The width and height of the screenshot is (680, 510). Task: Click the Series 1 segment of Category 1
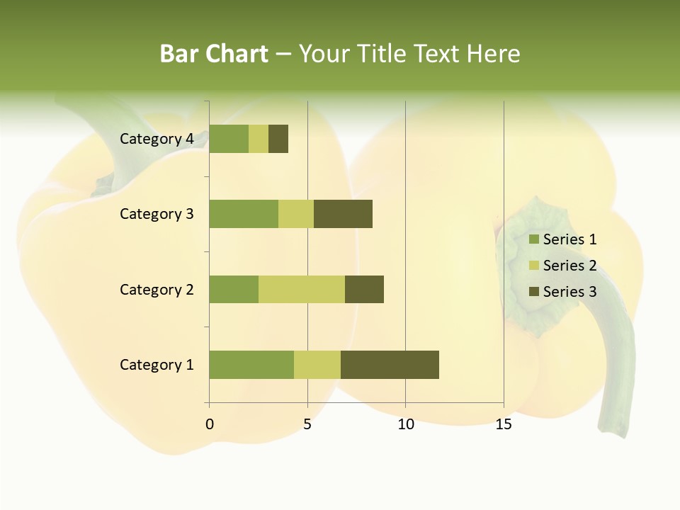click(251, 365)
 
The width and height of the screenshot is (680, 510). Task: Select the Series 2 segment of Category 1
click(317, 365)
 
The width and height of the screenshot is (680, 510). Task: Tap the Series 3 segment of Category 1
click(390, 365)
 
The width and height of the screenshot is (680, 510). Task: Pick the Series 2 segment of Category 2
click(302, 289)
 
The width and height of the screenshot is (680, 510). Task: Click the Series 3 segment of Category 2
click(364, 289)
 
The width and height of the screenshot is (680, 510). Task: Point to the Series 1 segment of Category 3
click(244, 214)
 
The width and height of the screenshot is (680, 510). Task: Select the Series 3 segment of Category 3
click(343, 214)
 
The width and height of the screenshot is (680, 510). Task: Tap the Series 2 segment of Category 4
click(259, 139)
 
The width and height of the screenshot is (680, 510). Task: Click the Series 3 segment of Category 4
click(278, 139)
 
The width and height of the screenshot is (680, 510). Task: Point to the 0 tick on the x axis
click(210, 424)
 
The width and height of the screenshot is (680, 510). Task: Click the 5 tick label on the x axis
click(307, 424)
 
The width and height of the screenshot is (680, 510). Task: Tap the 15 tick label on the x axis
click(504, 424)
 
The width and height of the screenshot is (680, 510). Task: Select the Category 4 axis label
click(157, 139)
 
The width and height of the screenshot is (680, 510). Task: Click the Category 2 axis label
click(157, 289)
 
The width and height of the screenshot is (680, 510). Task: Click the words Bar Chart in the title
click(214, 54)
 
